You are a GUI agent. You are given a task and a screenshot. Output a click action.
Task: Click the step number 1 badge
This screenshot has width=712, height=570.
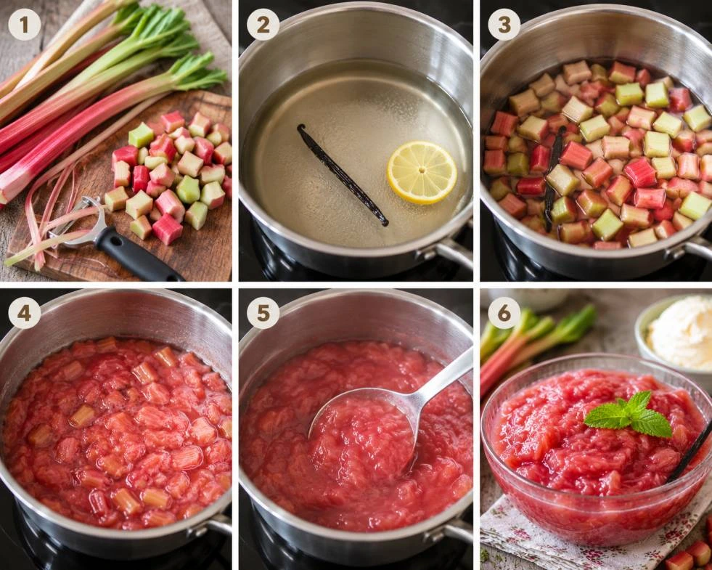[x=24, y=25]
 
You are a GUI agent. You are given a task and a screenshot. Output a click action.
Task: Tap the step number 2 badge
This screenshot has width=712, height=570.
[x=263, y=25]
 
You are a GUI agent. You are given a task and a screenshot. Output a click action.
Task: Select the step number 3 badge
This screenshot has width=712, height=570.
[x=504, y=25]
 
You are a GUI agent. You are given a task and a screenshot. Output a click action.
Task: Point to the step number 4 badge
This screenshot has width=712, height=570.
[x=24, y=313]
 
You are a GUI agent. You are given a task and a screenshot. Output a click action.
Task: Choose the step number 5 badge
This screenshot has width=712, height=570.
[x=263, y=313]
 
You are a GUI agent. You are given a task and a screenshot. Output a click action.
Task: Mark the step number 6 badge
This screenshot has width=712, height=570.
[x=504, y=313]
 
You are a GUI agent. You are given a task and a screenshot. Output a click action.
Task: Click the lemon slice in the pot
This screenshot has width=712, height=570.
[x=422, y=172]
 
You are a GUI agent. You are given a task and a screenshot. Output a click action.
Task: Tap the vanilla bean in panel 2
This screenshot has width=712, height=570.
[x=341, y=174]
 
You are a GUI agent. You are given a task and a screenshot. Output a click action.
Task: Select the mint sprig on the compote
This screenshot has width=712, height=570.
[x=629, y=415]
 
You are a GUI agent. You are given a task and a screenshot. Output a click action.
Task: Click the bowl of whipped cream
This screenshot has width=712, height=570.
[x=676, y=333]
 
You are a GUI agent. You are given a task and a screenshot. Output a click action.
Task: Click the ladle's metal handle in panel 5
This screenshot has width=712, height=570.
[x=443, y=376]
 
